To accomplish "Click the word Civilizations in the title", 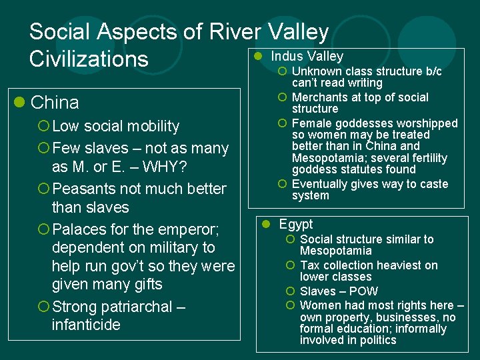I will [89, 59].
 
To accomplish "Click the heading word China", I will [55, 103].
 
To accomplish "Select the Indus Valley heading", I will [307, 56].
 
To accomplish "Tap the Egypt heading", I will [296, 224].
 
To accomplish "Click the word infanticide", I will [86, 325].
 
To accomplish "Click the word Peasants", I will [84, 189].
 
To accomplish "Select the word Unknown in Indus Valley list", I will [315, 71].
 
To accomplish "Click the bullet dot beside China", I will [20, 103].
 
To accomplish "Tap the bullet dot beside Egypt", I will [265, 224].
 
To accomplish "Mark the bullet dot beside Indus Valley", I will [257, 56].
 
